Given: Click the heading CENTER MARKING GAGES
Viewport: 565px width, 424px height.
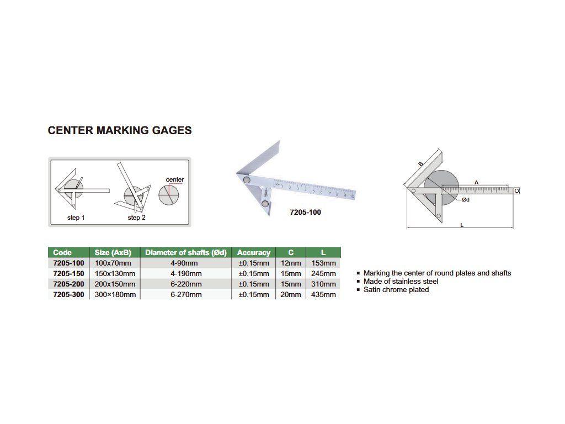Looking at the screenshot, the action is [120, 131].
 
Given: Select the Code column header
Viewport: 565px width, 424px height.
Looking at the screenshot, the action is [62, 253].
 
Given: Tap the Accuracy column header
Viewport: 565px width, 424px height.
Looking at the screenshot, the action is [253, 253].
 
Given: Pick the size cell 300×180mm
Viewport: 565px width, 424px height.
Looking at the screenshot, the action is [115, 294].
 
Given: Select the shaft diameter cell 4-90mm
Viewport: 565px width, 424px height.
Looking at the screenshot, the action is [185, 263].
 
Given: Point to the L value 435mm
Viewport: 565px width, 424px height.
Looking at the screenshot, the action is [323, 294].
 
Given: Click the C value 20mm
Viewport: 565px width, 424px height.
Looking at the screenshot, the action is [291, 294].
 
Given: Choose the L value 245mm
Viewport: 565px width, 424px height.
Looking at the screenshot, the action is [323, 273].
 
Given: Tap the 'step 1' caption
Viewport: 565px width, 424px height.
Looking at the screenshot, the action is [76, 218].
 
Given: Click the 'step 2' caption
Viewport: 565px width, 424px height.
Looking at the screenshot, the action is [137, 218].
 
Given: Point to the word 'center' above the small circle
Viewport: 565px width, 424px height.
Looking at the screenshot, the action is [175, 180].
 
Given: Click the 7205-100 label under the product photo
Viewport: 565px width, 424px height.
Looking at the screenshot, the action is [305, 212].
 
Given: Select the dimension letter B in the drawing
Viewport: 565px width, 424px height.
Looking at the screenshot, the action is [420, 164].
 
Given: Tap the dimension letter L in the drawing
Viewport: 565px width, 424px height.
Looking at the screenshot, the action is [461, 225].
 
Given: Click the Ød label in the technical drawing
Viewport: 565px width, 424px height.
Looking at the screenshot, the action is [465, 199].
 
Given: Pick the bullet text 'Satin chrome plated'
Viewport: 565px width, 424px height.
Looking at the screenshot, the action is [396, 290].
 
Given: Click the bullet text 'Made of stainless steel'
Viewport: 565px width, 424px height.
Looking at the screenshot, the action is [401, 282].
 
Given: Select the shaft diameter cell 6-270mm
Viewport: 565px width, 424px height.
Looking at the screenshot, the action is [185, 294].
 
